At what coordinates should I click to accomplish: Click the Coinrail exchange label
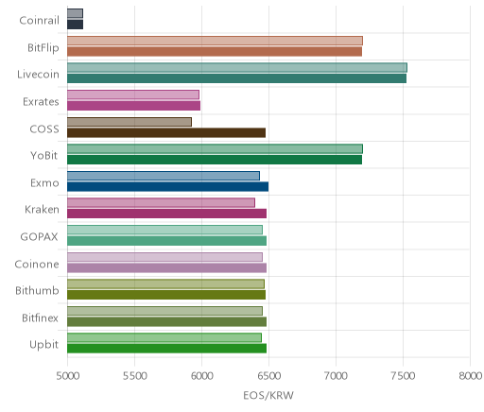39,20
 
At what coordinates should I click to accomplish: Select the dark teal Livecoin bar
236,78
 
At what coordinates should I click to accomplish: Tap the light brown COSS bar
130,122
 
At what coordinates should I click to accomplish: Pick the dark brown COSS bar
166,133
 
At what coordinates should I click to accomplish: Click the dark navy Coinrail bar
75,25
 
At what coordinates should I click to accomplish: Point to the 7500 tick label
403,376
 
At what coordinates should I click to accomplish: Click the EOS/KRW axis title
268,395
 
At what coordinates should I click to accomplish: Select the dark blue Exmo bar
167,187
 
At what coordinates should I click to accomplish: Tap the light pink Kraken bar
161,203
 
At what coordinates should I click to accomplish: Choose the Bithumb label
37,290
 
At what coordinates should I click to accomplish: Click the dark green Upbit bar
166,349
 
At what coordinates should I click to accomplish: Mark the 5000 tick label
67,376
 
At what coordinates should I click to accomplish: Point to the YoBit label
44,156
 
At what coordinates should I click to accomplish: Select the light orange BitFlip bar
215,41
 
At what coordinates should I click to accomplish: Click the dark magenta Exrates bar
133,106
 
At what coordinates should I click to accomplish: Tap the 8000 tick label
470,376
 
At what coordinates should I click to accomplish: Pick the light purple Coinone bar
164,257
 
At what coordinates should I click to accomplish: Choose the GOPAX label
39,236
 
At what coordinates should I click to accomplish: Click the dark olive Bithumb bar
166,295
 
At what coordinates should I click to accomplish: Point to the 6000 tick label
201,376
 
